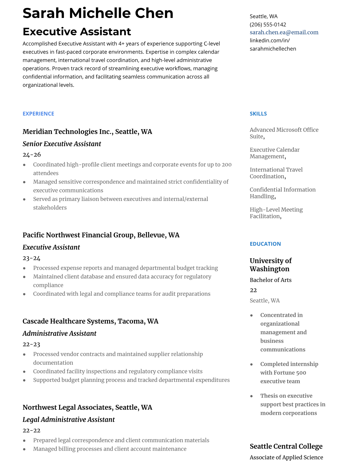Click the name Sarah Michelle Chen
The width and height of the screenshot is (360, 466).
98,13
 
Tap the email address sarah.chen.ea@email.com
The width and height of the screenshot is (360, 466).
284,32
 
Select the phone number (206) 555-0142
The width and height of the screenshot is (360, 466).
268,24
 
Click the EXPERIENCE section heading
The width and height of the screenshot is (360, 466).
38,114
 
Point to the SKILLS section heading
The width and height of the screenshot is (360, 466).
258,114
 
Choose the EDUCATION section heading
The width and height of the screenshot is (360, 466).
265,244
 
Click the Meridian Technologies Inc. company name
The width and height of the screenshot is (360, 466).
68,132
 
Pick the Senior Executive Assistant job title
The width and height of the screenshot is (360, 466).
62,144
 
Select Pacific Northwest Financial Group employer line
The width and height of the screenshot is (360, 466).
101,235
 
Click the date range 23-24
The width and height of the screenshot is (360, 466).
31,258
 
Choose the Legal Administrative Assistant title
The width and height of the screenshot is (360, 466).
69,420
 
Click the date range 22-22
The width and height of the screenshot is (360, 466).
31,431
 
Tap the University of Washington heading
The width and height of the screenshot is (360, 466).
270,265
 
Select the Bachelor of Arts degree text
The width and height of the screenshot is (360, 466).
270,280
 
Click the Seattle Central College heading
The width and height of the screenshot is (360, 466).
286,446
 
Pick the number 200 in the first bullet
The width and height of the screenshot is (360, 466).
226,165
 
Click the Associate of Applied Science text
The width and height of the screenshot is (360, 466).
286,457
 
